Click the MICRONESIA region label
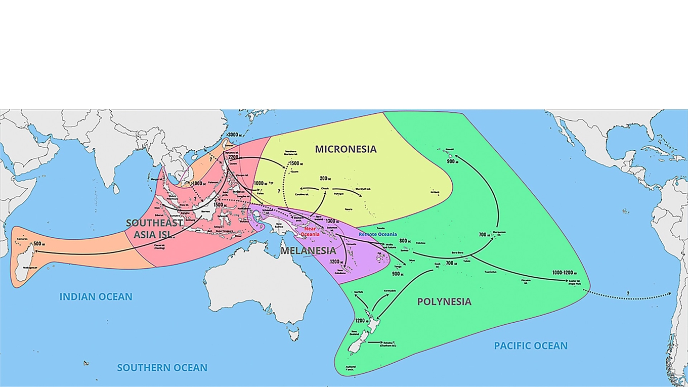point(346,149)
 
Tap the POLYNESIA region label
point(444,302)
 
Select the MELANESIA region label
point(308,250)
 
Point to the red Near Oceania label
point(310,232)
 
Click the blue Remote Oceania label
point(377,235)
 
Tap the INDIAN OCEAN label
point(96,297)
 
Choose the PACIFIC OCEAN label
point(531,346)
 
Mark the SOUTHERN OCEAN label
point(162,368)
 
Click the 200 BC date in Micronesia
point(325,179)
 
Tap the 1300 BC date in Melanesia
point(332,221)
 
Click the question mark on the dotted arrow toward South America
point(628,293)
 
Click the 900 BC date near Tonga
point(398,273)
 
